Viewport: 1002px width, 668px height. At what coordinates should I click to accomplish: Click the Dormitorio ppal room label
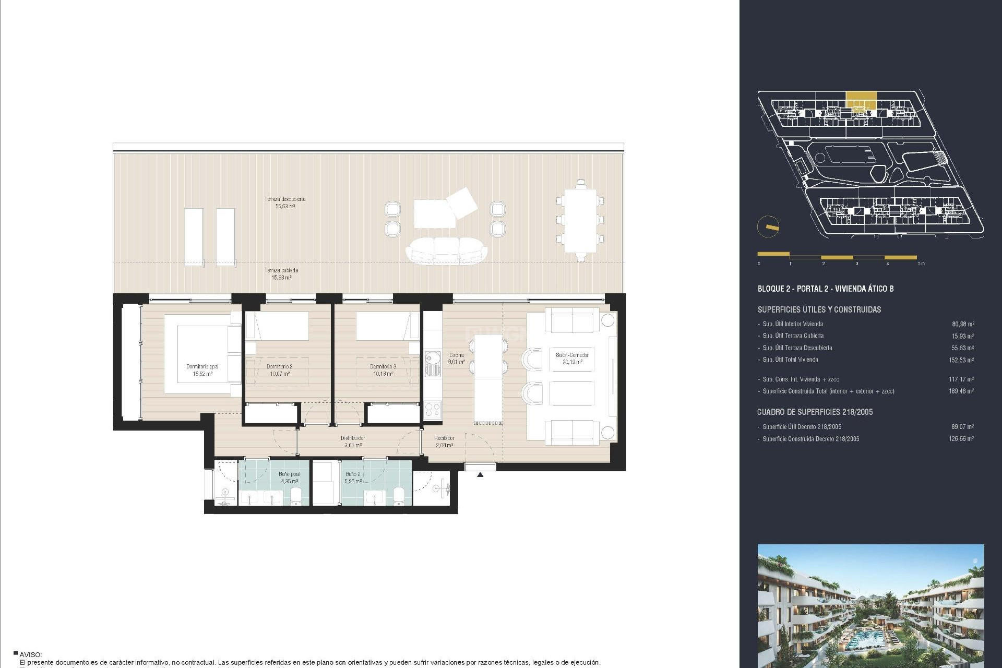(202, 369)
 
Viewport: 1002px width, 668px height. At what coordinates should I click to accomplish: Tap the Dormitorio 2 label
(279, 369)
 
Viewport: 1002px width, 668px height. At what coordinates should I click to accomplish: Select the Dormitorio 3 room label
(383, 369)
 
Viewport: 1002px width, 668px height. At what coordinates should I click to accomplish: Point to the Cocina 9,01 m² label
(456, 358)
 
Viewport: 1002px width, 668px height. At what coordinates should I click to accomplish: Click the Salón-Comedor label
(572, 358)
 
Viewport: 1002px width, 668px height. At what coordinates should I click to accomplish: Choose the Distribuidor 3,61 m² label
(353, 442)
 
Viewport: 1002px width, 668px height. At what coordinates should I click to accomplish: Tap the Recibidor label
(444, 442)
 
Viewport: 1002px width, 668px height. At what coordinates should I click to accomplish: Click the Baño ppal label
(289, 478)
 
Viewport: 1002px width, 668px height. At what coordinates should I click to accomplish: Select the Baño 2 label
(353, 478)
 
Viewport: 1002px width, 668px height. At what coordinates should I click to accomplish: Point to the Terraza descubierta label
(284, 202)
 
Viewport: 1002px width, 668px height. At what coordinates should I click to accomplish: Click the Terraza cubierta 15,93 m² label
(281, 273)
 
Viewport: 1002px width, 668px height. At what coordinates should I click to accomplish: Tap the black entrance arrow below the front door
(480, 474)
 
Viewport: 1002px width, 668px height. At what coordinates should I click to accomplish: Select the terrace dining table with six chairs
(580, 220)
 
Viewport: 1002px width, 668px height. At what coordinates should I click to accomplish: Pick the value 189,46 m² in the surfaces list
(961, 391)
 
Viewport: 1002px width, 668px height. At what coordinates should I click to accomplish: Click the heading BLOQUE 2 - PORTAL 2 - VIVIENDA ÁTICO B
(825, 289)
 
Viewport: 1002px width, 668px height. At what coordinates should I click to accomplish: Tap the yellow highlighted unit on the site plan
(861, 99)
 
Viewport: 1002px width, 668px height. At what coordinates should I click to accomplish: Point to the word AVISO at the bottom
(31, 654)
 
